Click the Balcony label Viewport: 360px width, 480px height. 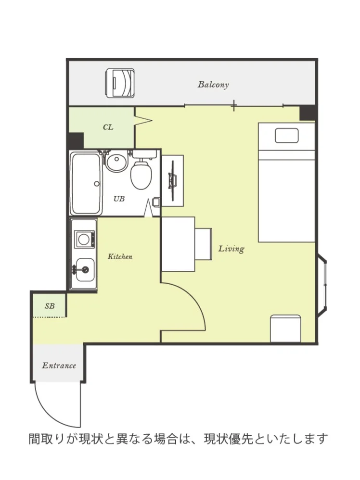213,85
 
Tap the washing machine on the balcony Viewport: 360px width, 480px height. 120,83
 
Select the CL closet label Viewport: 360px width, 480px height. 108,127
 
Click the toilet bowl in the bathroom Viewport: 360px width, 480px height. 141,175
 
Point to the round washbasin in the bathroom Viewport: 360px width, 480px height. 117,162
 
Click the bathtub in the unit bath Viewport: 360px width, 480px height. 86,183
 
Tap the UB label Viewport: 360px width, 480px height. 119,199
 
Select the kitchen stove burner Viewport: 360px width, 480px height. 84,239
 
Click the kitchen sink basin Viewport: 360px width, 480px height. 85,270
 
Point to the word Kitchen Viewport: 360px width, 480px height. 120,256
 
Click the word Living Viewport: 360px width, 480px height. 231,249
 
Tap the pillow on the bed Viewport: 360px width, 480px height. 286,136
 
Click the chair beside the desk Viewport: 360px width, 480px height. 204,244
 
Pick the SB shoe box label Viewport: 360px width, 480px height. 50,306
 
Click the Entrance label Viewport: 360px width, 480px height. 59,366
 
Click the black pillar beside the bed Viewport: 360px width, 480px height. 308,113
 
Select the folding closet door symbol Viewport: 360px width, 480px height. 143,120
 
